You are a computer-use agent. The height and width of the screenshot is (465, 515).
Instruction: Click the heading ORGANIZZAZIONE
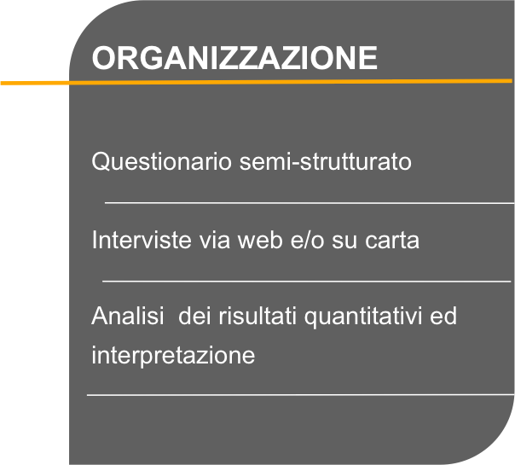pos(234,58)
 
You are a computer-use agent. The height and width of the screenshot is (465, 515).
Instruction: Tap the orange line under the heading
pos(256,82)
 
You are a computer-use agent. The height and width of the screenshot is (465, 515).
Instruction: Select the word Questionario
pos(162,162)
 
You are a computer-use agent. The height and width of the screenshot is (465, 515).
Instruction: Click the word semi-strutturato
pos(325,161)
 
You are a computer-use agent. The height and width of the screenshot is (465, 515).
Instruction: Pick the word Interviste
pos(142,240)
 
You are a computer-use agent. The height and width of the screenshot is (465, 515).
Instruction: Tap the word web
pos(260,240)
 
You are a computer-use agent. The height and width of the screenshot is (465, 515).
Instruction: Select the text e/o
pos(308,240)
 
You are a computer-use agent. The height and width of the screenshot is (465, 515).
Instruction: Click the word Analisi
pos(128,316)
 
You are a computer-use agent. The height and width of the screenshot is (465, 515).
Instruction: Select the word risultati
pos(257,316)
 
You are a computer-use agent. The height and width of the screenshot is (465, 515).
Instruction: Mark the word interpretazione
pos(173,356)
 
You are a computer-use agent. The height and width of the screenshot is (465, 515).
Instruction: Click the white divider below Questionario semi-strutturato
pos(310,203)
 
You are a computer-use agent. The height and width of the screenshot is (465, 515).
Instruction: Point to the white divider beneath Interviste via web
pos(307,282)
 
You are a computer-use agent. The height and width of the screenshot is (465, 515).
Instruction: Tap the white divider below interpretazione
pos(300,395)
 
